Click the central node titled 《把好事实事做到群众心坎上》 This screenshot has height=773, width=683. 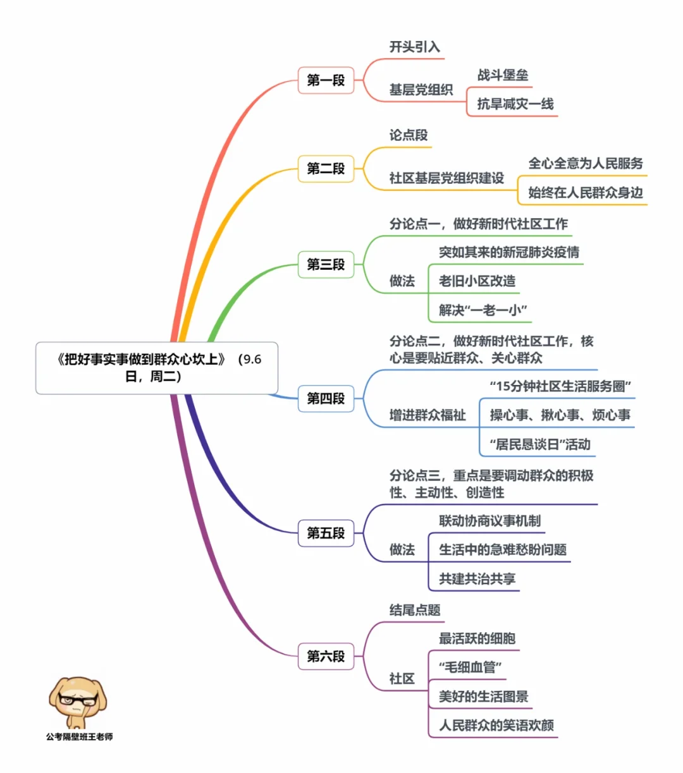click(157, 368)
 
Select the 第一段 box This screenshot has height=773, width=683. click(326, 80)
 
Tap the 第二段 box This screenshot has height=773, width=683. click(326, 169)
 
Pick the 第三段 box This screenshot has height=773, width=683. click(326, 264)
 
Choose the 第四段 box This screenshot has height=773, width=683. click(326, 398)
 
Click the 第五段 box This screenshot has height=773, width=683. click(326, 533)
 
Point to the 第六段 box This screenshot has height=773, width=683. click(326, 656)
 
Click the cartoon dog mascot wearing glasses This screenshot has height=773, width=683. click(77, 702)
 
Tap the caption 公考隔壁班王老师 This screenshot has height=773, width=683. click(79, 737)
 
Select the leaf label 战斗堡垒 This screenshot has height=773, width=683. click(503, 75)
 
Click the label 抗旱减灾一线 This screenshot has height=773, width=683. click(515, 104)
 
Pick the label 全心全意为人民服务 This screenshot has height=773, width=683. click(586, 164)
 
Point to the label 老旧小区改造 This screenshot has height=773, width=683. click(477, 281)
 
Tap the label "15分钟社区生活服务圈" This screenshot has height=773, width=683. click(560, 386)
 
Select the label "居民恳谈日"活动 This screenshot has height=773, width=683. click(540, 444)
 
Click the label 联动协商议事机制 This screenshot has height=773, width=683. click(490, 521)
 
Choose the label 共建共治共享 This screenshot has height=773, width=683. click(477, 579)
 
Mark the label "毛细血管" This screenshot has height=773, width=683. click(471, 667)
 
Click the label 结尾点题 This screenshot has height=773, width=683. click(415, 610)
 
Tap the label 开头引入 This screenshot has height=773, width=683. click(415, 47)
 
